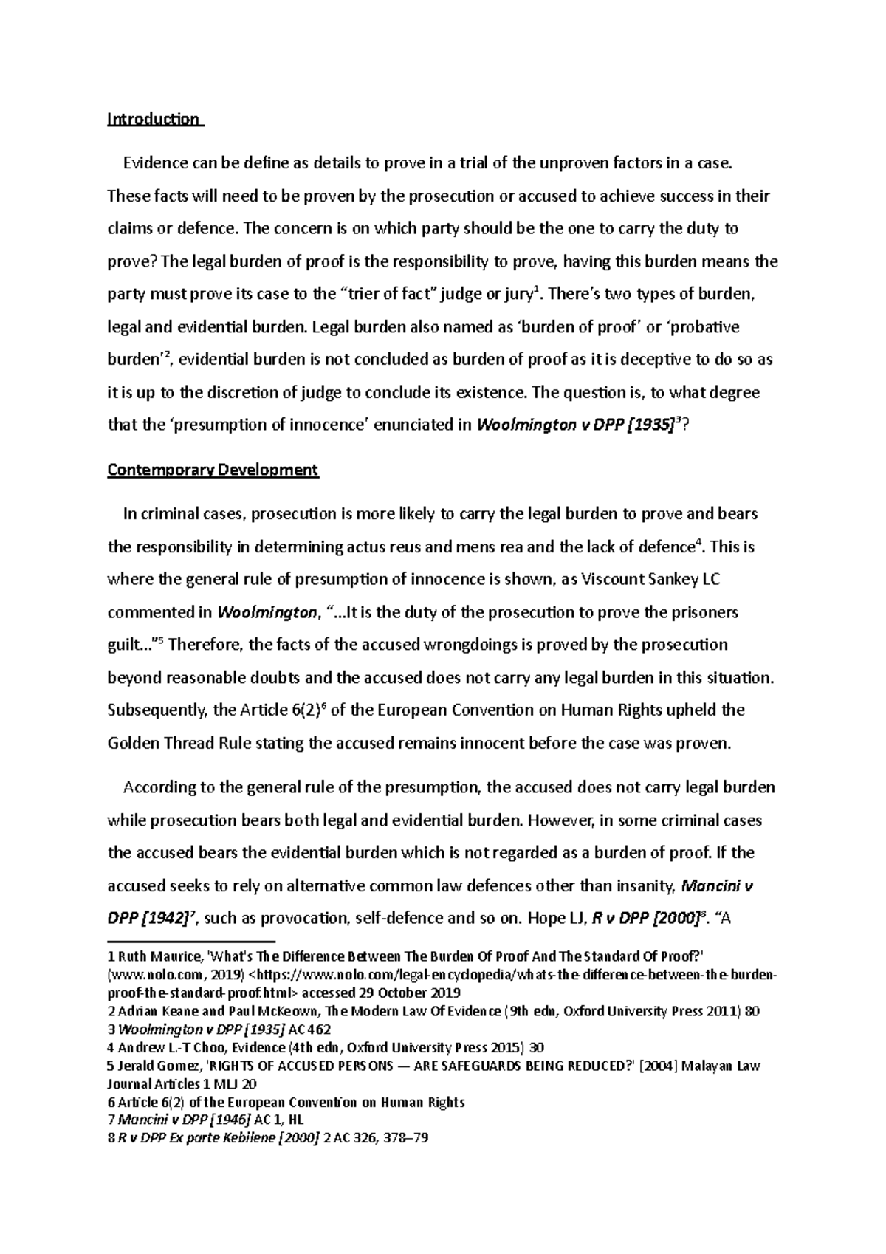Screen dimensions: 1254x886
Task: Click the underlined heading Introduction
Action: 154,119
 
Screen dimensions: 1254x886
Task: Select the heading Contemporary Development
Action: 213,470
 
